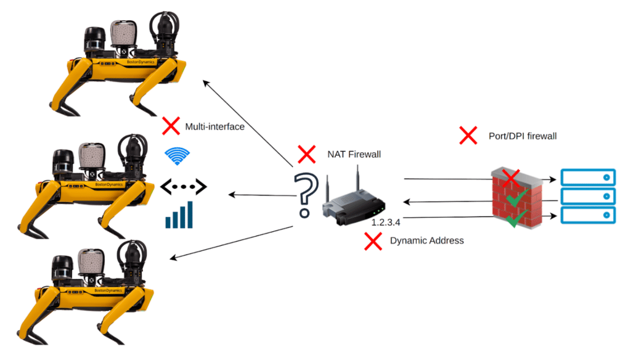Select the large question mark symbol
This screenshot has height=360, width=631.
tap(304, 195)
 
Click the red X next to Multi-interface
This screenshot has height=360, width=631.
tap(170, 126)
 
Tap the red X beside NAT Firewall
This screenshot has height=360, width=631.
tap(306, 153)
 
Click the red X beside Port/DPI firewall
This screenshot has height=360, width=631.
tap(468, 135)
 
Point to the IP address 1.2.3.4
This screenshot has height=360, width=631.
tap(386, 221)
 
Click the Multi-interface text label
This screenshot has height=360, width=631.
tap(214, 127)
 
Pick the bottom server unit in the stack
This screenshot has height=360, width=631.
tap(588, 215)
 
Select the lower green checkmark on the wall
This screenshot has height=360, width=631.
tap(516, 218)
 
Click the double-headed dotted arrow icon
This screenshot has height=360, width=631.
tap(183, 186)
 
